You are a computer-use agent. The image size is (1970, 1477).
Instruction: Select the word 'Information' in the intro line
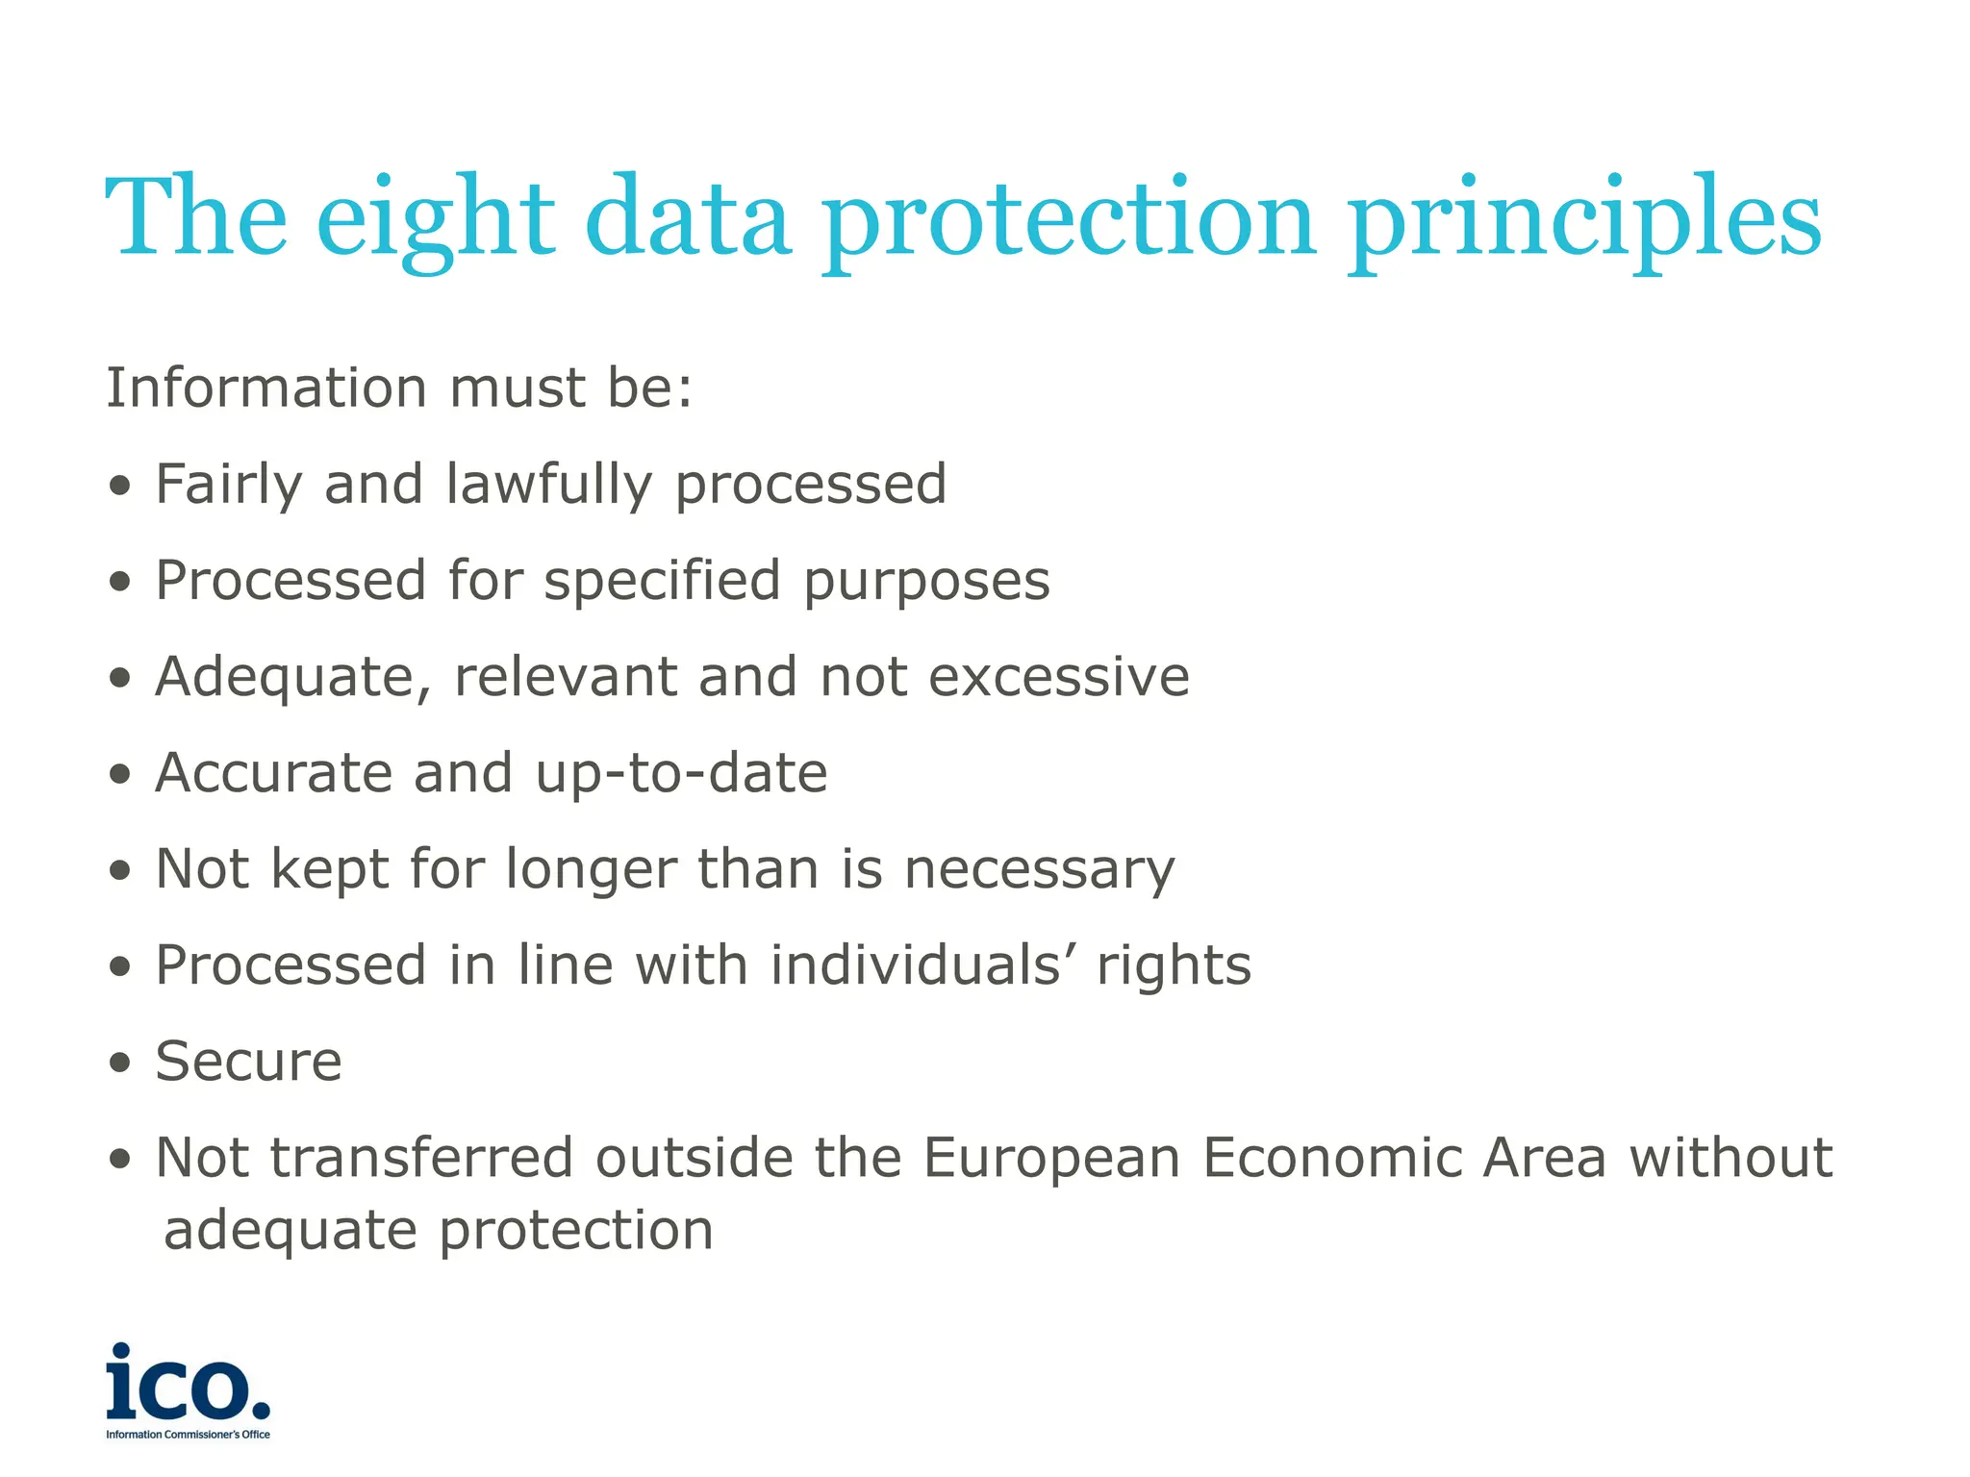click(266, 388)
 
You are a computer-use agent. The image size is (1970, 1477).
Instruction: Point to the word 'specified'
click(662, 581)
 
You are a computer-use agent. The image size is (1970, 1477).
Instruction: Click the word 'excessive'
click(1059, 676)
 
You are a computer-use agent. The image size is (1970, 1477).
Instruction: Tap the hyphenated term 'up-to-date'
click(681, 774)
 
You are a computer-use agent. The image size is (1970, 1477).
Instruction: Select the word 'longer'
click(592, 870)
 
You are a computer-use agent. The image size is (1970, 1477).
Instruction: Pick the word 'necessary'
click(1039, 870)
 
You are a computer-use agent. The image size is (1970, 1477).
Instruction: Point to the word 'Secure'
click(248, 1062)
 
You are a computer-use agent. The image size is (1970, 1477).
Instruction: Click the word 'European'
click(1051, 1159)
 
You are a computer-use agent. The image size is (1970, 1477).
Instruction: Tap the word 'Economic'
click(1330, 1157)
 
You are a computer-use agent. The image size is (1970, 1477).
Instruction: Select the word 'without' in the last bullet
click(1730, 1157)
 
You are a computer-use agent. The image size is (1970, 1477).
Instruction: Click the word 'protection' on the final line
click(576, 1230)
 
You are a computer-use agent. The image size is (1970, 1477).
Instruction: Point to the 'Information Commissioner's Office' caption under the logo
click(188, 1435)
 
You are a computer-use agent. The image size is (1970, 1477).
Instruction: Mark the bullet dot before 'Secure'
click(119, 1064)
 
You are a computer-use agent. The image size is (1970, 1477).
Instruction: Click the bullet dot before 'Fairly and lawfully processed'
click(119, 486)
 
